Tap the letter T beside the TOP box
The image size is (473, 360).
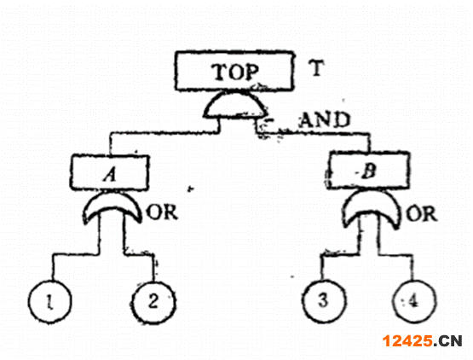click(316, 67)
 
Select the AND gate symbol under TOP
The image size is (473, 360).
click(235, 104)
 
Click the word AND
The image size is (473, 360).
click(325, 119)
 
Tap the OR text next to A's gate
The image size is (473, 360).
click(162, 212)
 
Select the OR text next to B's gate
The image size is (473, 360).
click(421, 214)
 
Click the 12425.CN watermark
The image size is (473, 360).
click(422, 341)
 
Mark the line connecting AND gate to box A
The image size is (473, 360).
click(164, 132)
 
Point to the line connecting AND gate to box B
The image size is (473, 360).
click(313, 133)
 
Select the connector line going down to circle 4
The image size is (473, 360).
click(395, 254)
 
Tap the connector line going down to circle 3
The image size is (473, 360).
click(341, 254)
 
